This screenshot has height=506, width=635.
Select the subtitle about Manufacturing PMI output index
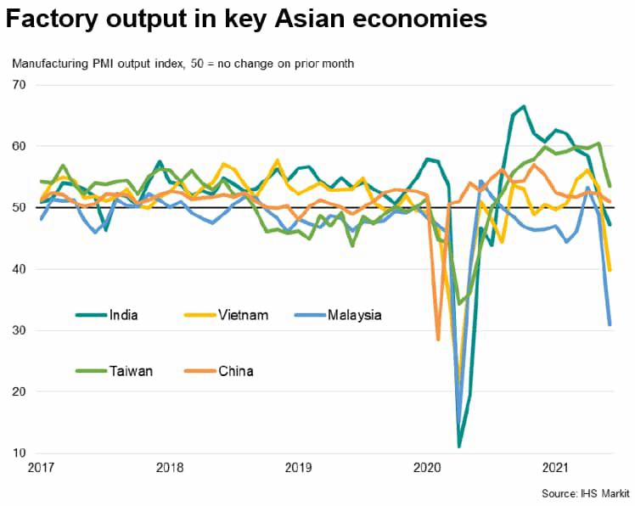pos(183,64)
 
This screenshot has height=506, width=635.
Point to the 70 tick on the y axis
pos(20,85)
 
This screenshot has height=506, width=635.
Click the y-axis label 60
pos(20,146)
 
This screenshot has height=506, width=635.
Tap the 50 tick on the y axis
pos(20,207)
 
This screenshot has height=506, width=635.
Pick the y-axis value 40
pos(20,269)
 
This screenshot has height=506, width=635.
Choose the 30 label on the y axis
pos(20,330)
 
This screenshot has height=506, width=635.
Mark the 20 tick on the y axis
pos(20,391)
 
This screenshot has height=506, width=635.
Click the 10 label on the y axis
pos(20,453)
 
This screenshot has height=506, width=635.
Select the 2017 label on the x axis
pos(41,467)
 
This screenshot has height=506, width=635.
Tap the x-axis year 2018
pos(170,467)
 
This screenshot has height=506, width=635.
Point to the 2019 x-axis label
pos(298,467)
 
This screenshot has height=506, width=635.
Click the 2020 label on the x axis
pos(426,467)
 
